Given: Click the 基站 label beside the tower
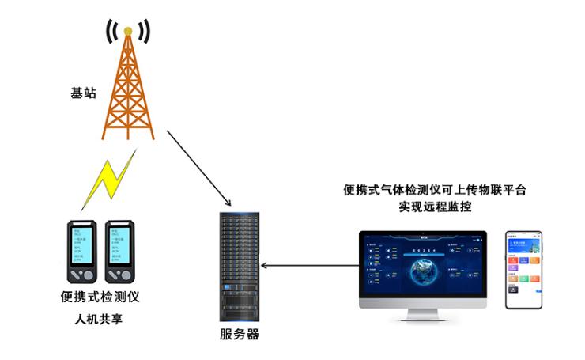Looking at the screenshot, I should (x=83, y=93).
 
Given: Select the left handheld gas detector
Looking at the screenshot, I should (x=81, y=252).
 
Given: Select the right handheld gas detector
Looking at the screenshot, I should (x=122, y=252).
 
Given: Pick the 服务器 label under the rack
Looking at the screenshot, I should (x=239, y=334).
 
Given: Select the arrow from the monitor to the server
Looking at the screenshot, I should (x=308, y=265).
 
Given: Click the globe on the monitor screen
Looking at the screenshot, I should (x=422, y=267).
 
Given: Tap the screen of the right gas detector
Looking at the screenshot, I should (x=121, y=242).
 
